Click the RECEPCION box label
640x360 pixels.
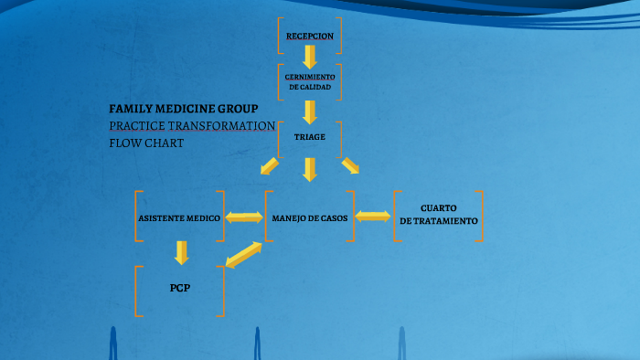click(309, 37)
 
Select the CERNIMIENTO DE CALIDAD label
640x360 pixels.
click(309, 81)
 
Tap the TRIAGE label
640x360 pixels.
click(309, 137)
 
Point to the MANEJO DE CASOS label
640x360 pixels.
click(309, 217)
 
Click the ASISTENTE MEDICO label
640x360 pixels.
click(179, 217)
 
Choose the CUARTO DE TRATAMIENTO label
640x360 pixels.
click(439, 215)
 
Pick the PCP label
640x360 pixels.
click(179, 289)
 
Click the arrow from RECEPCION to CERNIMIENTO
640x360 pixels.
click(310, 58)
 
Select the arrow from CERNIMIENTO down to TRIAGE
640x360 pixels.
click(310, 111)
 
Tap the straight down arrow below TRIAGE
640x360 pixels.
click(310, 168)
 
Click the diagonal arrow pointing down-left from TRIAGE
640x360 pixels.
click(269, 165)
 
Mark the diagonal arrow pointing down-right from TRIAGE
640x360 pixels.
click(350, 165)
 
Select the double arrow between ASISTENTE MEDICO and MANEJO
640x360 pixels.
click(244, 217)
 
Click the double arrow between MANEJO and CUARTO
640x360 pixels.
click(372, 217)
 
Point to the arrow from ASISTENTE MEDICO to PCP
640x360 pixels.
click(181, 251)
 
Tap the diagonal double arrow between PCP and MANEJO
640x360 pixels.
click(243, 254)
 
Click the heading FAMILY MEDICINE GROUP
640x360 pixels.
click(184, 108)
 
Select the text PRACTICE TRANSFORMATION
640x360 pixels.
click(192, 125)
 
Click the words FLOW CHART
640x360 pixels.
click(146, 143)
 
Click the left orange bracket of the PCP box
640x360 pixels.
click(137, 291)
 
